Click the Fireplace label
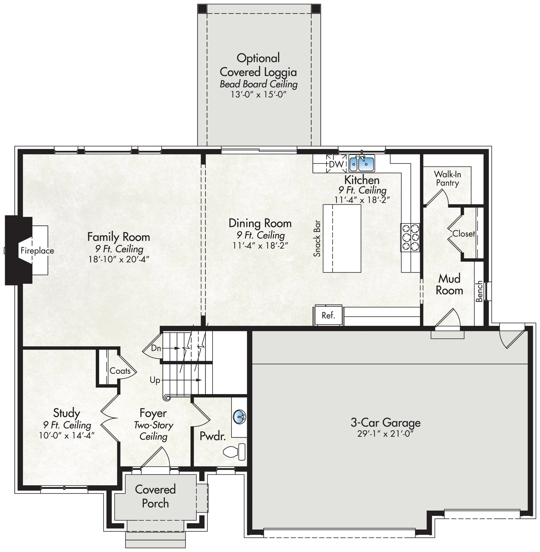coord(37,251)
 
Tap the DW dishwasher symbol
coord(336,164)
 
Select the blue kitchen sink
coord(362,163)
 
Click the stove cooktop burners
coord(410,237)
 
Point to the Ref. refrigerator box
coord(328,315)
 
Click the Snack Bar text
coord(317,238)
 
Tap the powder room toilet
coord(234,452)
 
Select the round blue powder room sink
coord(239,417)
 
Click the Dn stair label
coord(156,348)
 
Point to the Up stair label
coord(155,380)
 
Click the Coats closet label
coord(120,371)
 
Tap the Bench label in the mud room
coord(479,291)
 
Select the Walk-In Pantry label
coord(447,178)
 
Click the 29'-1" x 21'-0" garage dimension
coord(385,434)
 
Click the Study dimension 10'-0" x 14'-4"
coord(66,435)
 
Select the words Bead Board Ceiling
coord(258,84)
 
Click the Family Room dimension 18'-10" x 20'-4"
coord(119,259)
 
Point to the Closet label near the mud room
coord(463,234)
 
